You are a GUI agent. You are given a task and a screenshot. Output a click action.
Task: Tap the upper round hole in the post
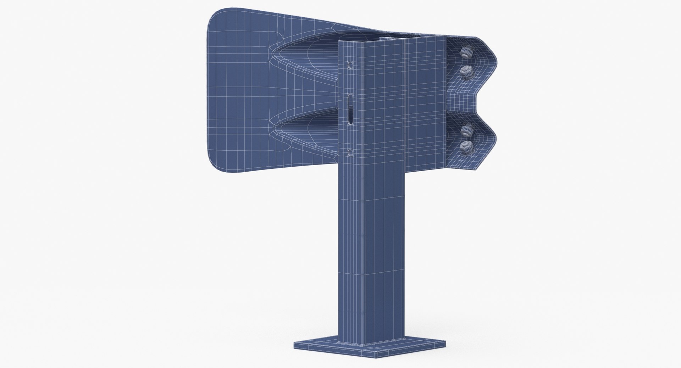click(x=350, y=66)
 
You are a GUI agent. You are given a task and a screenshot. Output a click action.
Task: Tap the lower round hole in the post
click(x=350, y=153)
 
